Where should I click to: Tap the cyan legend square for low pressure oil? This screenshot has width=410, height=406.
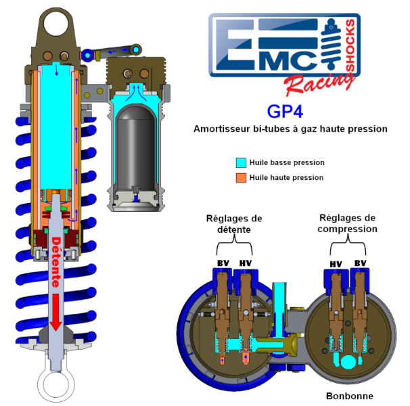tap(241, 162)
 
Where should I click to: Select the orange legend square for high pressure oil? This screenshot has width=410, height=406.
tap(241, 177)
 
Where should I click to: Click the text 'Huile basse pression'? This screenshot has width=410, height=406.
tap(287, 162)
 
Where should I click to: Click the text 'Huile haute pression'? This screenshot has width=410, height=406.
tap(287, 177)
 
